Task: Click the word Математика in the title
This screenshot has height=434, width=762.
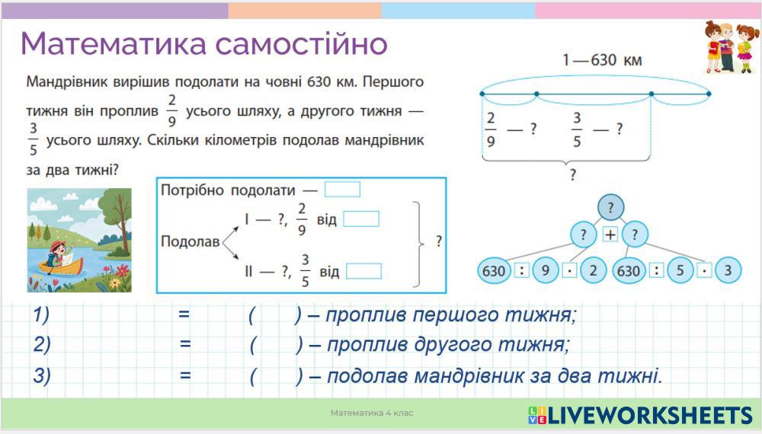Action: (112, 43)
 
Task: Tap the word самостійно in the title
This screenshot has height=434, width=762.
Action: (302, 43)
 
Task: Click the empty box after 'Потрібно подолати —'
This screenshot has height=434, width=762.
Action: (342, 190)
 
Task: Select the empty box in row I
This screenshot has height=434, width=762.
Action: (361, 219)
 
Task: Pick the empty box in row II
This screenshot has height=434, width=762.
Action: (363, 271)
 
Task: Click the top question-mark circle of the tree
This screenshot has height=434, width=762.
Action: (610, 207)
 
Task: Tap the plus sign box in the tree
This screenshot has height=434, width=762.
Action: (610, 235)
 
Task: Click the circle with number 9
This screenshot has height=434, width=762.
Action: (546, 270)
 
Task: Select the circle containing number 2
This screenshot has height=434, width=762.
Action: (594, 270)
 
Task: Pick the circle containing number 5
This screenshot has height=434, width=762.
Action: (680, 270)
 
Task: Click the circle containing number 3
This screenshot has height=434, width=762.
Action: (728, 270)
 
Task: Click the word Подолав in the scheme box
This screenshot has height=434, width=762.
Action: (190, 242)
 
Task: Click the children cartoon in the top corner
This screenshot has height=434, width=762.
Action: (727, 47)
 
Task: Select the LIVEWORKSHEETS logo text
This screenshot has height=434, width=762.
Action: (649, 415)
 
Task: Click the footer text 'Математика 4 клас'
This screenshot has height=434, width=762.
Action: (372, 413)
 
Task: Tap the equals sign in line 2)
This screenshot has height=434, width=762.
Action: (186, 344)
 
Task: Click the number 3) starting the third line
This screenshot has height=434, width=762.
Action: (42, 375)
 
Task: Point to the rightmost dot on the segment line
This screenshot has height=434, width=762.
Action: (708, 94)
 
